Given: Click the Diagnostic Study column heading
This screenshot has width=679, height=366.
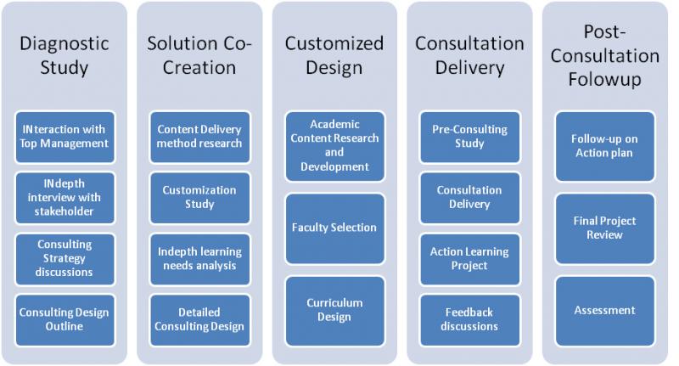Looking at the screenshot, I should click(x=65, y=55).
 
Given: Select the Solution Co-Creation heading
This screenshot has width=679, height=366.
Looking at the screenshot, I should click(x=199, y=55).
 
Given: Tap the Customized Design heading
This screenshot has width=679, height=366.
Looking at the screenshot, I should click(x=334, y=55).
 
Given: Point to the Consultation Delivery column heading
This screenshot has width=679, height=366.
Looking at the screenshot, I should click(x=469, y=55).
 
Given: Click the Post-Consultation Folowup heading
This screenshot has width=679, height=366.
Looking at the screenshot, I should click(x=604, y=56).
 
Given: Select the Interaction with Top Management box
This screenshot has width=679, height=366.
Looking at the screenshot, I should click(x=65, y=137).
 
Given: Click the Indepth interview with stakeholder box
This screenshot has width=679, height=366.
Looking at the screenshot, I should click(x=65, y=198).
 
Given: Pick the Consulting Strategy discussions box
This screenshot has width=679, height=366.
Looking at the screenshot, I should click(x=65, y=258).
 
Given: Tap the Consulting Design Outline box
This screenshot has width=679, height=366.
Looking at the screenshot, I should click(x=65, y=319).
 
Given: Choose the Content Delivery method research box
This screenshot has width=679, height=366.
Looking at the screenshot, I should click(x=199, y=137).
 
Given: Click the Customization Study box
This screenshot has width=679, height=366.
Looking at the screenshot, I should click(x=199, y=198).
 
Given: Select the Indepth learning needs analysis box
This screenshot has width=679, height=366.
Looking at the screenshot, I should click(x=199, y=258).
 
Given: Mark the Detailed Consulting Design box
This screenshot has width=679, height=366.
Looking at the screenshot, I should click(x=199, y=319).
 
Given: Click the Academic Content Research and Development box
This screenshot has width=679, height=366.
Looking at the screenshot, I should click(x=334, y=145).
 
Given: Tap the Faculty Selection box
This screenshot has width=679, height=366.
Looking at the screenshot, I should click(x=334, y=228).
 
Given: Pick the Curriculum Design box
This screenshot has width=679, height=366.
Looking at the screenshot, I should click(x=334, y=310).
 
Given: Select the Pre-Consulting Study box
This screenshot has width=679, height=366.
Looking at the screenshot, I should click(x=469, y=137).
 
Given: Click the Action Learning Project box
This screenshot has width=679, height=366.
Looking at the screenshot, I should click(x=469, y=258).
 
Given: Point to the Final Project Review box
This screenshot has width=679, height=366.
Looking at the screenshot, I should click(x=604, y=228).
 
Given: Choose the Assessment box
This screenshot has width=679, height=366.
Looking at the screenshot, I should click(x=604, y=310).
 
